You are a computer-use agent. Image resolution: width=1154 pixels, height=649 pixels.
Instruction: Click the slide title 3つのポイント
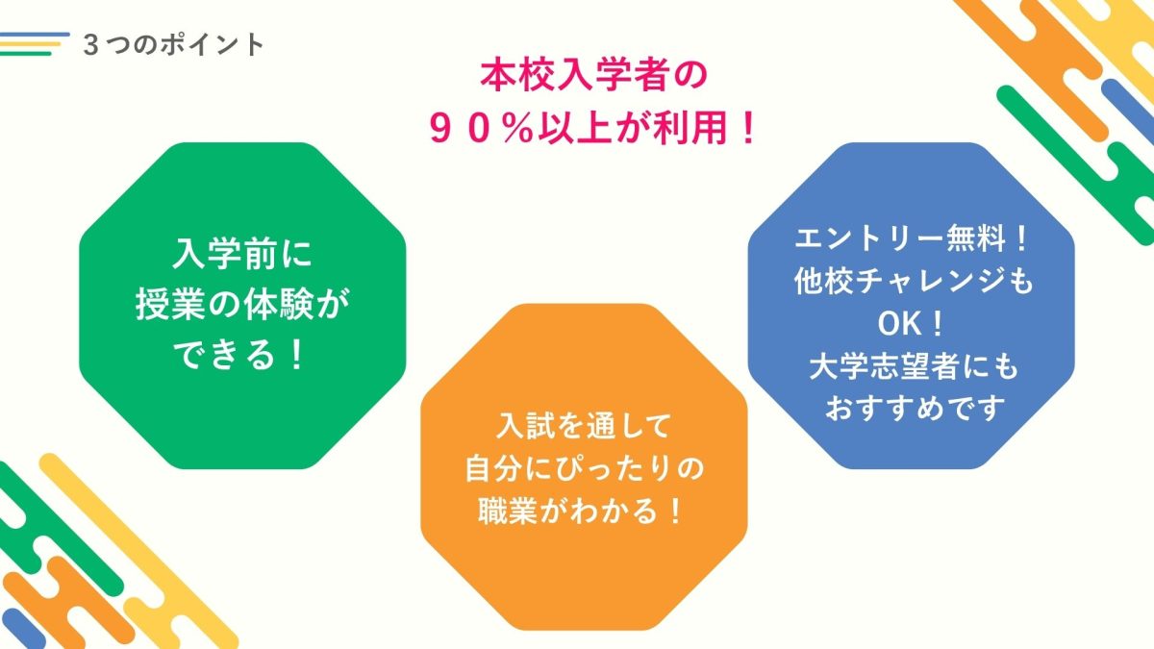[174, 45]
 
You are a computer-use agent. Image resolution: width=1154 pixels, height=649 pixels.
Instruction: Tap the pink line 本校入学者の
[594, 76]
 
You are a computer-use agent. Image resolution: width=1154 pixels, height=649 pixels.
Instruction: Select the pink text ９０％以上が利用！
[593, 128]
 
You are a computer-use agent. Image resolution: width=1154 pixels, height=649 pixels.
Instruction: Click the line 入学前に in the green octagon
[242, 254]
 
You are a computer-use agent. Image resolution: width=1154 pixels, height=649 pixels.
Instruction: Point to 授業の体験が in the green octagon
[242, 304]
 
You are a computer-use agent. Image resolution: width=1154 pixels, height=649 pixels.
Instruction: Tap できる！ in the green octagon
[239, 355]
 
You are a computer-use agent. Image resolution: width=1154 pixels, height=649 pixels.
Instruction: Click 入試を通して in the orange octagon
[584, 425]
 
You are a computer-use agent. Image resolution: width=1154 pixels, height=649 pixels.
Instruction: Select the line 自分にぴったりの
[584, 468]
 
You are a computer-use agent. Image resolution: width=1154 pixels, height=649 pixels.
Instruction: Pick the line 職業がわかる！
[581, 511]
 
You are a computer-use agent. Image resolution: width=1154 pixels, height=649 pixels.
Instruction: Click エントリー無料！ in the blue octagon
[912, 239]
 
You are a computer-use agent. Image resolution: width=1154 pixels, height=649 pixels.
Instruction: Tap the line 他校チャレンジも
[913, 281]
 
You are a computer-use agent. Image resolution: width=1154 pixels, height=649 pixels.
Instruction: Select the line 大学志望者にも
[914, 366]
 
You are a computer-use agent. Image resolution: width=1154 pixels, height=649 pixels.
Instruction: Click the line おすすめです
[915, 409]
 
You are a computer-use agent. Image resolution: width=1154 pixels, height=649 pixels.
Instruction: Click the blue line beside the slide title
[35, 36]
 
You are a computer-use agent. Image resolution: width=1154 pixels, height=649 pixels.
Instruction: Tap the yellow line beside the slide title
[31, 44]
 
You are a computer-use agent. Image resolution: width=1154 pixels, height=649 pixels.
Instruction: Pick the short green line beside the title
[26, 53]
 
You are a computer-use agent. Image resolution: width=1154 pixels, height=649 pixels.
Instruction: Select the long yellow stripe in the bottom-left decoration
[139, 551]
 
